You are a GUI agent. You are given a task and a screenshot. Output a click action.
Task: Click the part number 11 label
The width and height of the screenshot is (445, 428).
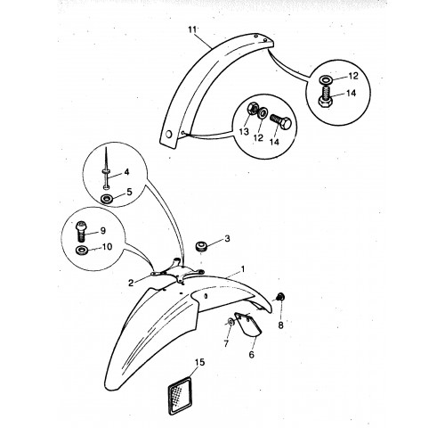(x=192, y=29)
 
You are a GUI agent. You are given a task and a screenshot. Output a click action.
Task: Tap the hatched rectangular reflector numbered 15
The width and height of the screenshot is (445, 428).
(x=180, y=395)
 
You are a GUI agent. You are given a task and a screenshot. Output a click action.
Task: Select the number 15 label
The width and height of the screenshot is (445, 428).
(x=200, y=362)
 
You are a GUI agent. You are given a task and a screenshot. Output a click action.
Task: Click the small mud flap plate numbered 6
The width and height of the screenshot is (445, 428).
(x=247, y=325)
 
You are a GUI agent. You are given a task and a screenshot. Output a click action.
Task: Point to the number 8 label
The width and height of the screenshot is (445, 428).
(x=280, y=325)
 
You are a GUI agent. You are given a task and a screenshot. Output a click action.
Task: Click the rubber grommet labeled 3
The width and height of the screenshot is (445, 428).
(x=201, y=247)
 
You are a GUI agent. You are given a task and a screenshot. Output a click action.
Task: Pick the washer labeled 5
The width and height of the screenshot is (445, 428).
(x=107, y=198)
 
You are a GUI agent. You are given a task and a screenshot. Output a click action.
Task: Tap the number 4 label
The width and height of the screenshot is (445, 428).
(x=126, y=172)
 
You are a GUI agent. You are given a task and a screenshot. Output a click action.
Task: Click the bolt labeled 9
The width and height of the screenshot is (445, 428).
(x=81, y=231)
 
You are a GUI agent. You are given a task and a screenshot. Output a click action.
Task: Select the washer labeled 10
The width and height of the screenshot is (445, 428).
(x=81, y=251)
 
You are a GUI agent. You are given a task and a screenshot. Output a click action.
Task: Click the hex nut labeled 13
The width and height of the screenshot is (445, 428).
(x=253, y=109)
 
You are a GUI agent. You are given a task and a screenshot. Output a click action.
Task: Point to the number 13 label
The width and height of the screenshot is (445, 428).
(x=244, y=131)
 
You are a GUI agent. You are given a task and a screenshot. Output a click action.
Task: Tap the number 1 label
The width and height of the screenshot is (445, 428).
(x=243, y=269)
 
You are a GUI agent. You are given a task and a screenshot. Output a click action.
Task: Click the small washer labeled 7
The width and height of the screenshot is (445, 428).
(x=231, y=322)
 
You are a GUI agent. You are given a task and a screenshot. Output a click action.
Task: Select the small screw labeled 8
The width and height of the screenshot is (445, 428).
(x=279, y=297)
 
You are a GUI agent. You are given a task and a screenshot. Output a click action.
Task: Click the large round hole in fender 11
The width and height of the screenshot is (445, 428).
(x=168, y=135)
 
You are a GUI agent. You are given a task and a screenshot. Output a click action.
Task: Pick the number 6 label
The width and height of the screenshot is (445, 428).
(x=252, y=354)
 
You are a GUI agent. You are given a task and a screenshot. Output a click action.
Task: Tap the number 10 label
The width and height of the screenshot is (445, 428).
(x=107, y=247)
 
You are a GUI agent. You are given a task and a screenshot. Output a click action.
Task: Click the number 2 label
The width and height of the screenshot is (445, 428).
(x=131, y=283)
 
